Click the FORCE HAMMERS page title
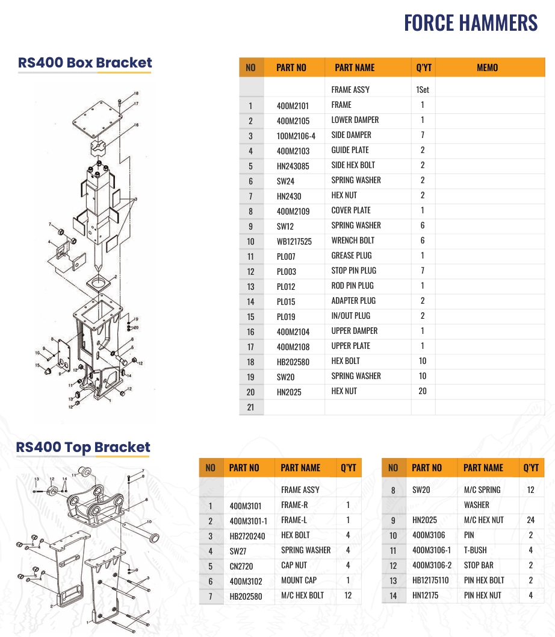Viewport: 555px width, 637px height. pos(470,23)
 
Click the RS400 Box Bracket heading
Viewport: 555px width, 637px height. pos(85,63)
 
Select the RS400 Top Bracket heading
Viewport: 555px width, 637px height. pos(83,447)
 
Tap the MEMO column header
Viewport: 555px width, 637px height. pos(487,67)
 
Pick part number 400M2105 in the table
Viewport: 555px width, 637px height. pos(293,121)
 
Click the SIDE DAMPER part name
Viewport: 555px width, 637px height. pos(351,135)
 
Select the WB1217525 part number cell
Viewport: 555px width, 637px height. pos(294,241)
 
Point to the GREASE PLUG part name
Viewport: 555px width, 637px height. pos(351,256)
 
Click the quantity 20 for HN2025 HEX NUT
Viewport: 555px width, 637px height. pos(422,391)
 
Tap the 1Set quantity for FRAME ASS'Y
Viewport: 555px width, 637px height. pos(422,90)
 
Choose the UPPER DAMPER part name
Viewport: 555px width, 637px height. pos(354,331)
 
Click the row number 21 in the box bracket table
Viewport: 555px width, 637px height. pos(250,407)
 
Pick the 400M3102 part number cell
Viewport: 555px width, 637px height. pos(247,580)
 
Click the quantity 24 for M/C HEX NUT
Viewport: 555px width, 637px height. pos(530,520)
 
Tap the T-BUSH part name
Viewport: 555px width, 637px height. pos(475,550)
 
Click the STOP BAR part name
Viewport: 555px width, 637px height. pos(479,565)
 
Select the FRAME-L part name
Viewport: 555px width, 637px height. pos(294,520)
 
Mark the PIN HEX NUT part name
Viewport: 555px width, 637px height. pos(482,595)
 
